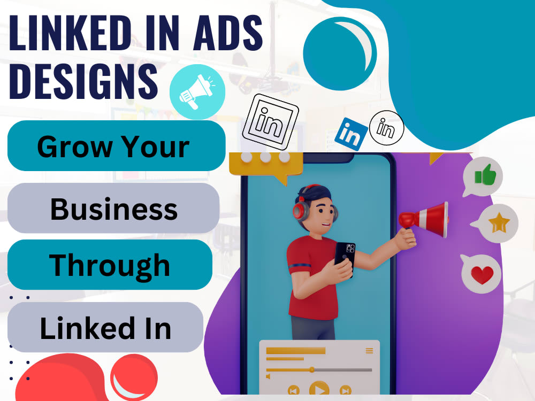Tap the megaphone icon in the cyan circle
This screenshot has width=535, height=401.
197,92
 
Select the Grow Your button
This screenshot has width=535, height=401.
116,146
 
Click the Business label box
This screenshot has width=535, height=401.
113,208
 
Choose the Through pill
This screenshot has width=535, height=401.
110,265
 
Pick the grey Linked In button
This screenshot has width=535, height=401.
105,327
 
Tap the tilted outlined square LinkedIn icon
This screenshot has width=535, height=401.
270,121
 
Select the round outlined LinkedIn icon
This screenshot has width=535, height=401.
386,127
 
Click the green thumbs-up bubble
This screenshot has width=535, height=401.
484,175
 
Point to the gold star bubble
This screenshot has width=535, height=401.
498,223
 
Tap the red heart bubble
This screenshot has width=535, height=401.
481,274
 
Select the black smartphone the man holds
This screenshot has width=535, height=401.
345,259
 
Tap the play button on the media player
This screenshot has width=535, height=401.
319,390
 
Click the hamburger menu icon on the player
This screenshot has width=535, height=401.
369,351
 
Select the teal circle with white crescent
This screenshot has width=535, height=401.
340,51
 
